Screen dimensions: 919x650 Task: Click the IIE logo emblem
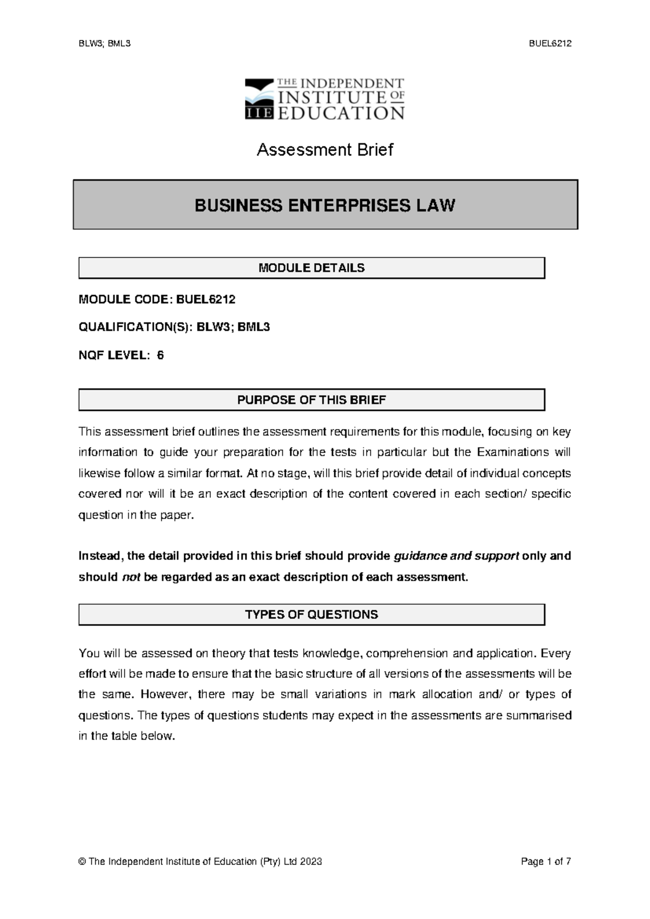(x=259, y=99)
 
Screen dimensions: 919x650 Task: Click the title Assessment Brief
(x=325, y=150)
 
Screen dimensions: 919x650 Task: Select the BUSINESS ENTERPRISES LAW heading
(x=325, y=205)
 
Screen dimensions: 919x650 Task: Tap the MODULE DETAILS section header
(x=311, y=268)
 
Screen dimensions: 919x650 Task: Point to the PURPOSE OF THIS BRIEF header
(x=311, y=400)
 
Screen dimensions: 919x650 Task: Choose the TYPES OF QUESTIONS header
(x=311, y=614)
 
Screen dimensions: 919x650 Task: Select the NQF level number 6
(x=160, y=355)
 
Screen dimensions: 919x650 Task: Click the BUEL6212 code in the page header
(x=550, y=44)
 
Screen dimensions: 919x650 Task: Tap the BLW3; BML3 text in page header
(x=105, y=44)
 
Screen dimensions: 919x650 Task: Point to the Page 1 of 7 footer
(x=545, y=862)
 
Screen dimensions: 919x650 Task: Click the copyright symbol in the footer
(x=82, y=862)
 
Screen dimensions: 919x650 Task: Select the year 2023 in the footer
(x=311, y=862)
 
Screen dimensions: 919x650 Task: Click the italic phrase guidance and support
(x=457, y=556)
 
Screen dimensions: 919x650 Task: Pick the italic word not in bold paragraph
(x=131, y=577)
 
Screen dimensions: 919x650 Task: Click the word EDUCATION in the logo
(x=341, y=113)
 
